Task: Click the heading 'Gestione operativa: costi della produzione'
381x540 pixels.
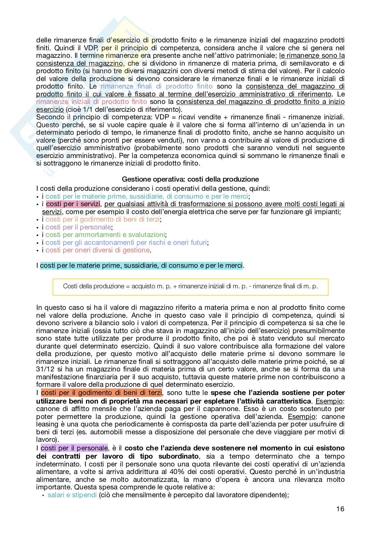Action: [190, 179]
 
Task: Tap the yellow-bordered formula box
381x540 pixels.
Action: [190, 286]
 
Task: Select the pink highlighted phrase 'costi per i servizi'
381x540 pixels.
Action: [73, 204]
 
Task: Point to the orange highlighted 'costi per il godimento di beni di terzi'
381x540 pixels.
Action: [101, 393]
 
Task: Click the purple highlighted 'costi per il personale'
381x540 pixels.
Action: [74, 448]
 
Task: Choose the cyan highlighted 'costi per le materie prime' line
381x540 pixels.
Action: [141, 266]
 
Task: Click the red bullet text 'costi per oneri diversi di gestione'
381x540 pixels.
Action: [98, 250]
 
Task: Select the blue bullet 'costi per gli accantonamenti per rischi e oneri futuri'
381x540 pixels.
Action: [126, 242]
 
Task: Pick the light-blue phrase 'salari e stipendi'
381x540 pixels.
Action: [72, 495]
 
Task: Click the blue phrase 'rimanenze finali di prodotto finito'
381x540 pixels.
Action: [156, 86]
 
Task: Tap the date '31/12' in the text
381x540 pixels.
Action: [44, 369]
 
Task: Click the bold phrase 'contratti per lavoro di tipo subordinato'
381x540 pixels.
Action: [117, 456]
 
